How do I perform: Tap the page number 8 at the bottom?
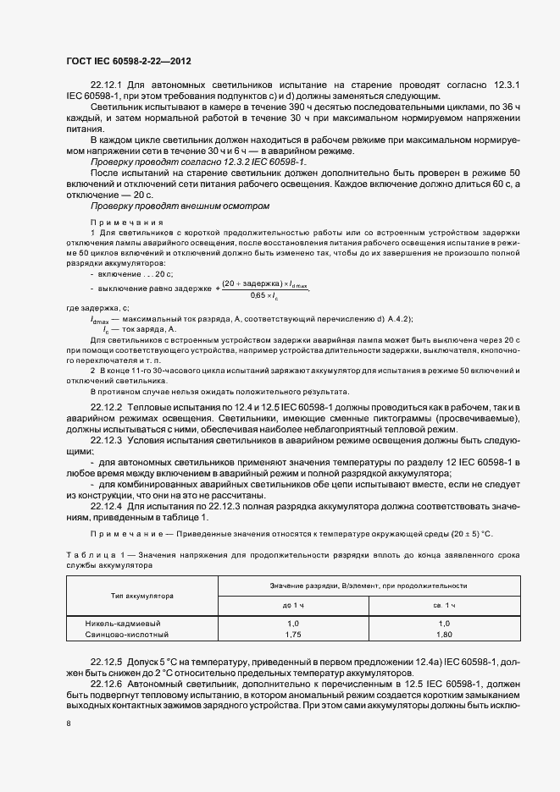coord(68,723)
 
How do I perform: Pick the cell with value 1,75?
coord(293,633)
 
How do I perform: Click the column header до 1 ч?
coord(293,605)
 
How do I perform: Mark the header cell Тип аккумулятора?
coord(142,595)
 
